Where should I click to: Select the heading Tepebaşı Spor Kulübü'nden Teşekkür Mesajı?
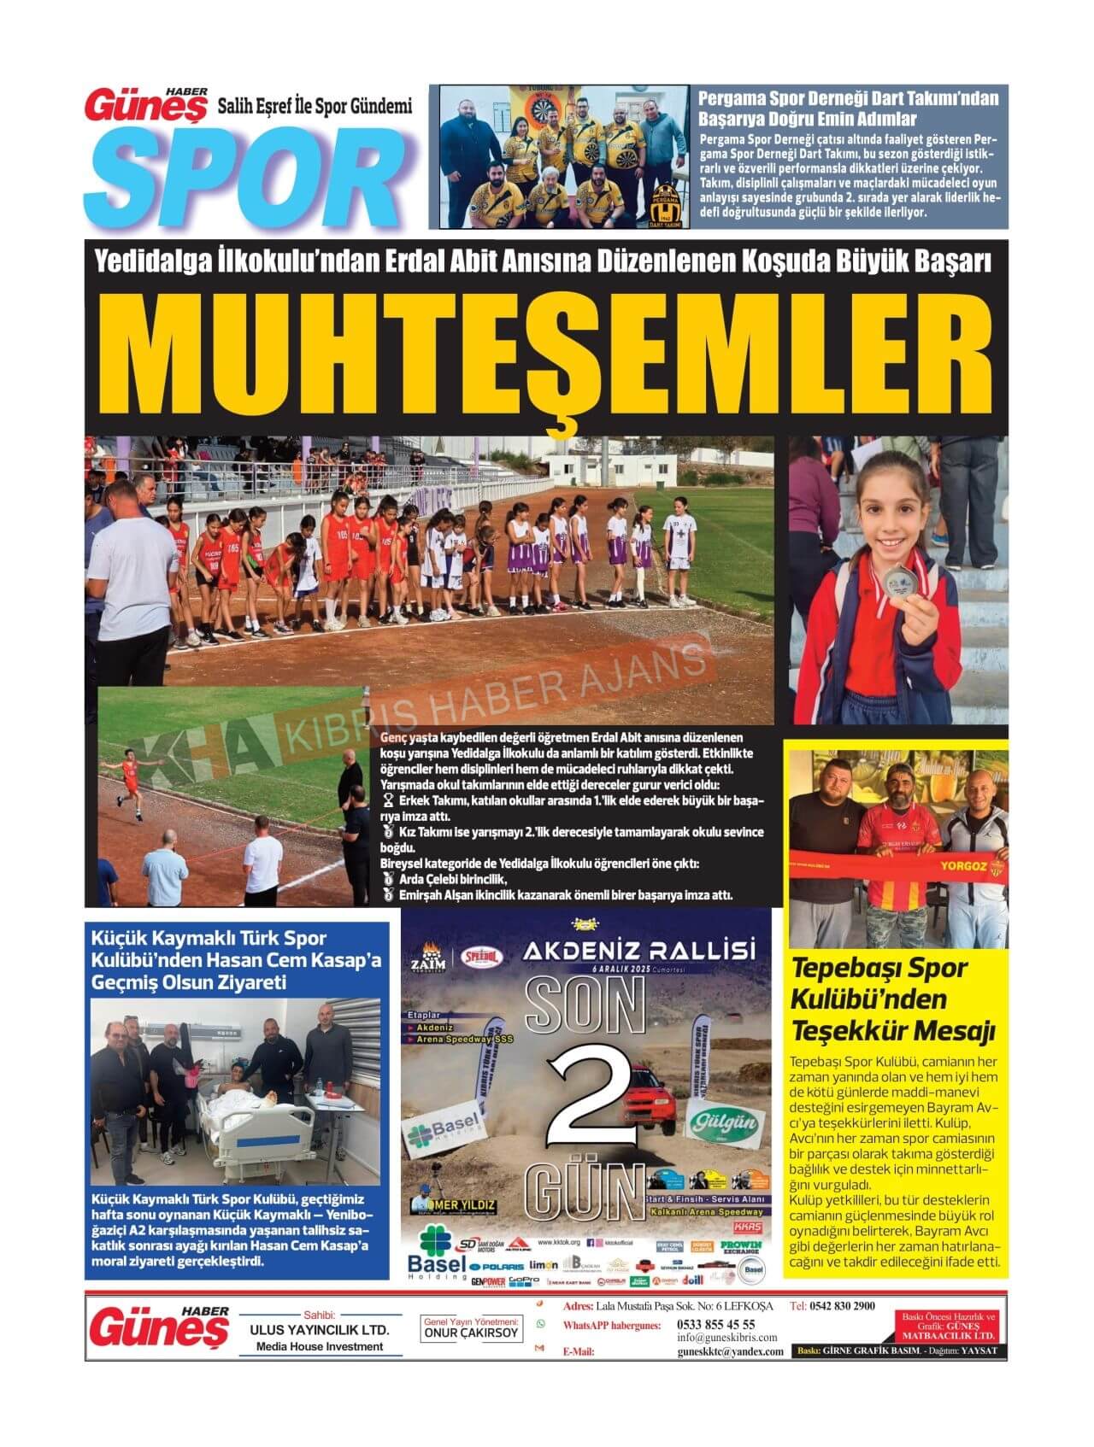893,999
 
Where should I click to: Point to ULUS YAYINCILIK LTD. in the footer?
319,1330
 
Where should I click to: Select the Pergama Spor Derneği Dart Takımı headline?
848,108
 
